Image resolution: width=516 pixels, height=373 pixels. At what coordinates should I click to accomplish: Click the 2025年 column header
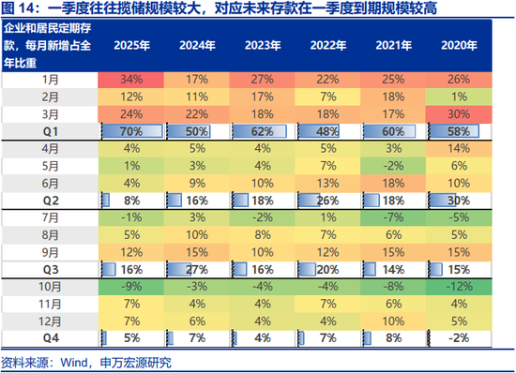pyautogui.click(x=131, y=45)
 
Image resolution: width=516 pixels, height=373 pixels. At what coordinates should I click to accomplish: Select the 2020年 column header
pyautogui.click(x=459, y=45)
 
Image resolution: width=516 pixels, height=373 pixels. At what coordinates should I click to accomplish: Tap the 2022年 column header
pyautogui.click(x=327, y=45)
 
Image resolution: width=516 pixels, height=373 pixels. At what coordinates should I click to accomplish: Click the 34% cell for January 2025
pyautogui.click(x=131, y=79)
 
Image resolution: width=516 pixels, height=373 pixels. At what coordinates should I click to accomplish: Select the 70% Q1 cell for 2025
pyautogui.click(x=131, y=132)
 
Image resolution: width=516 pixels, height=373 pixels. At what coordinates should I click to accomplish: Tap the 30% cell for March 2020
pyautogui.click(x=459, y=114)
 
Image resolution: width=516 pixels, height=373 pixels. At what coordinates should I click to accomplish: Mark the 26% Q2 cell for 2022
pyautogui.click(x=327, y=200)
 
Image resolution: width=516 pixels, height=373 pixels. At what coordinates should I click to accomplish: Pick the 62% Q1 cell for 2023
pyautogui.click(x=262, y=132)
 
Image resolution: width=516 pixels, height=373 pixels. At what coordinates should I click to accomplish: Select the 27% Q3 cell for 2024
pyautogui.click(x=196, y=269)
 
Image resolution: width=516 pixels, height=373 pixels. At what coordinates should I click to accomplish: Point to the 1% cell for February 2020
pyautogui.click(x=459, y=97)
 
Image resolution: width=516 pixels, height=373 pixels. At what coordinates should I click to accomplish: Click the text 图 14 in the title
pyautogui.click(x=21, y=11)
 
